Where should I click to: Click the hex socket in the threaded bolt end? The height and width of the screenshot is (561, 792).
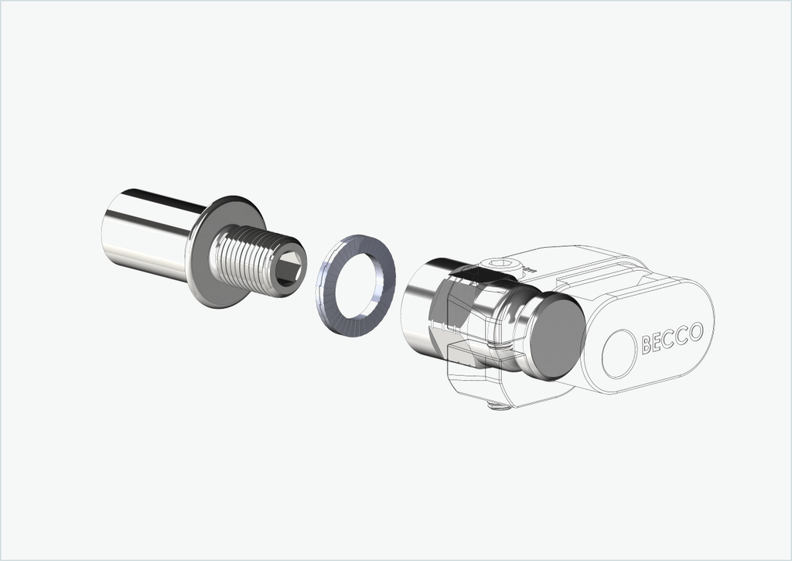[289, 266]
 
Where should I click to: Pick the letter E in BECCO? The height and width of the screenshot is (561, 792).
[659, 342]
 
